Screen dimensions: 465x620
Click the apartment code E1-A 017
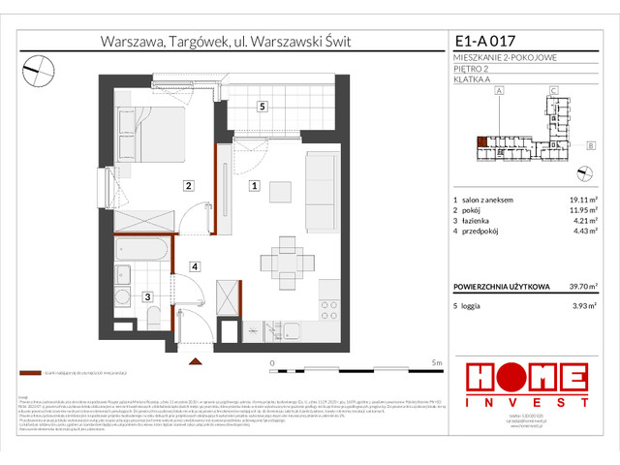(x=487, y=42)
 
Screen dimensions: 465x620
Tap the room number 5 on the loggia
(x=262, y=107)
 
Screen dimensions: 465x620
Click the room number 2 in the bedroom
(x=190, y=185)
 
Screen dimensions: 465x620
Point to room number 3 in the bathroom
(x=148, y=297)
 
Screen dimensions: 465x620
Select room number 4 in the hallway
(x=194, y=265)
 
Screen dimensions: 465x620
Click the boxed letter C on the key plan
(x=551, y=91)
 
